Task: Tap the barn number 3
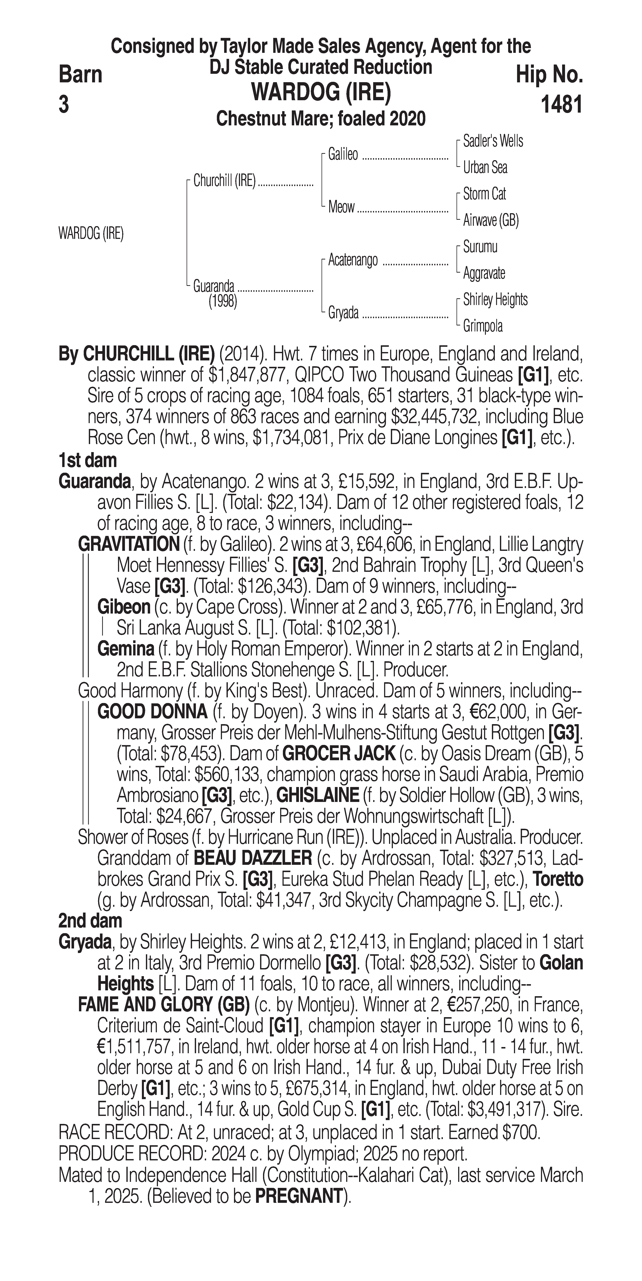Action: pos(64,105)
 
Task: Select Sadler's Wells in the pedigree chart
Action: pos(493,141)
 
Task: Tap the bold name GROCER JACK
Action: pos(339,754)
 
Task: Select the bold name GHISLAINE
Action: pos(318,796)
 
